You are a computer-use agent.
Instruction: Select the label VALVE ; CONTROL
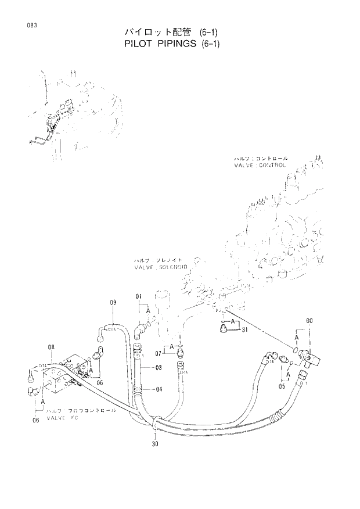tap(260, 165)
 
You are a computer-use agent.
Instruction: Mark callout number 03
tap(159, 367)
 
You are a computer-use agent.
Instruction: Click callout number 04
tap(159, 388)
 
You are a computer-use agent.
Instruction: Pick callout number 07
tap(157, 353)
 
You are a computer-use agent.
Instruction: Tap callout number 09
tap(113, 302)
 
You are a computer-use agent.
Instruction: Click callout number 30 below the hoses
tap(155, 445)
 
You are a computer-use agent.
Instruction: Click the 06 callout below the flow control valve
tap(35, 420)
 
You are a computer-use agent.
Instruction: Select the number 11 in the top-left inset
tap(73, 74)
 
